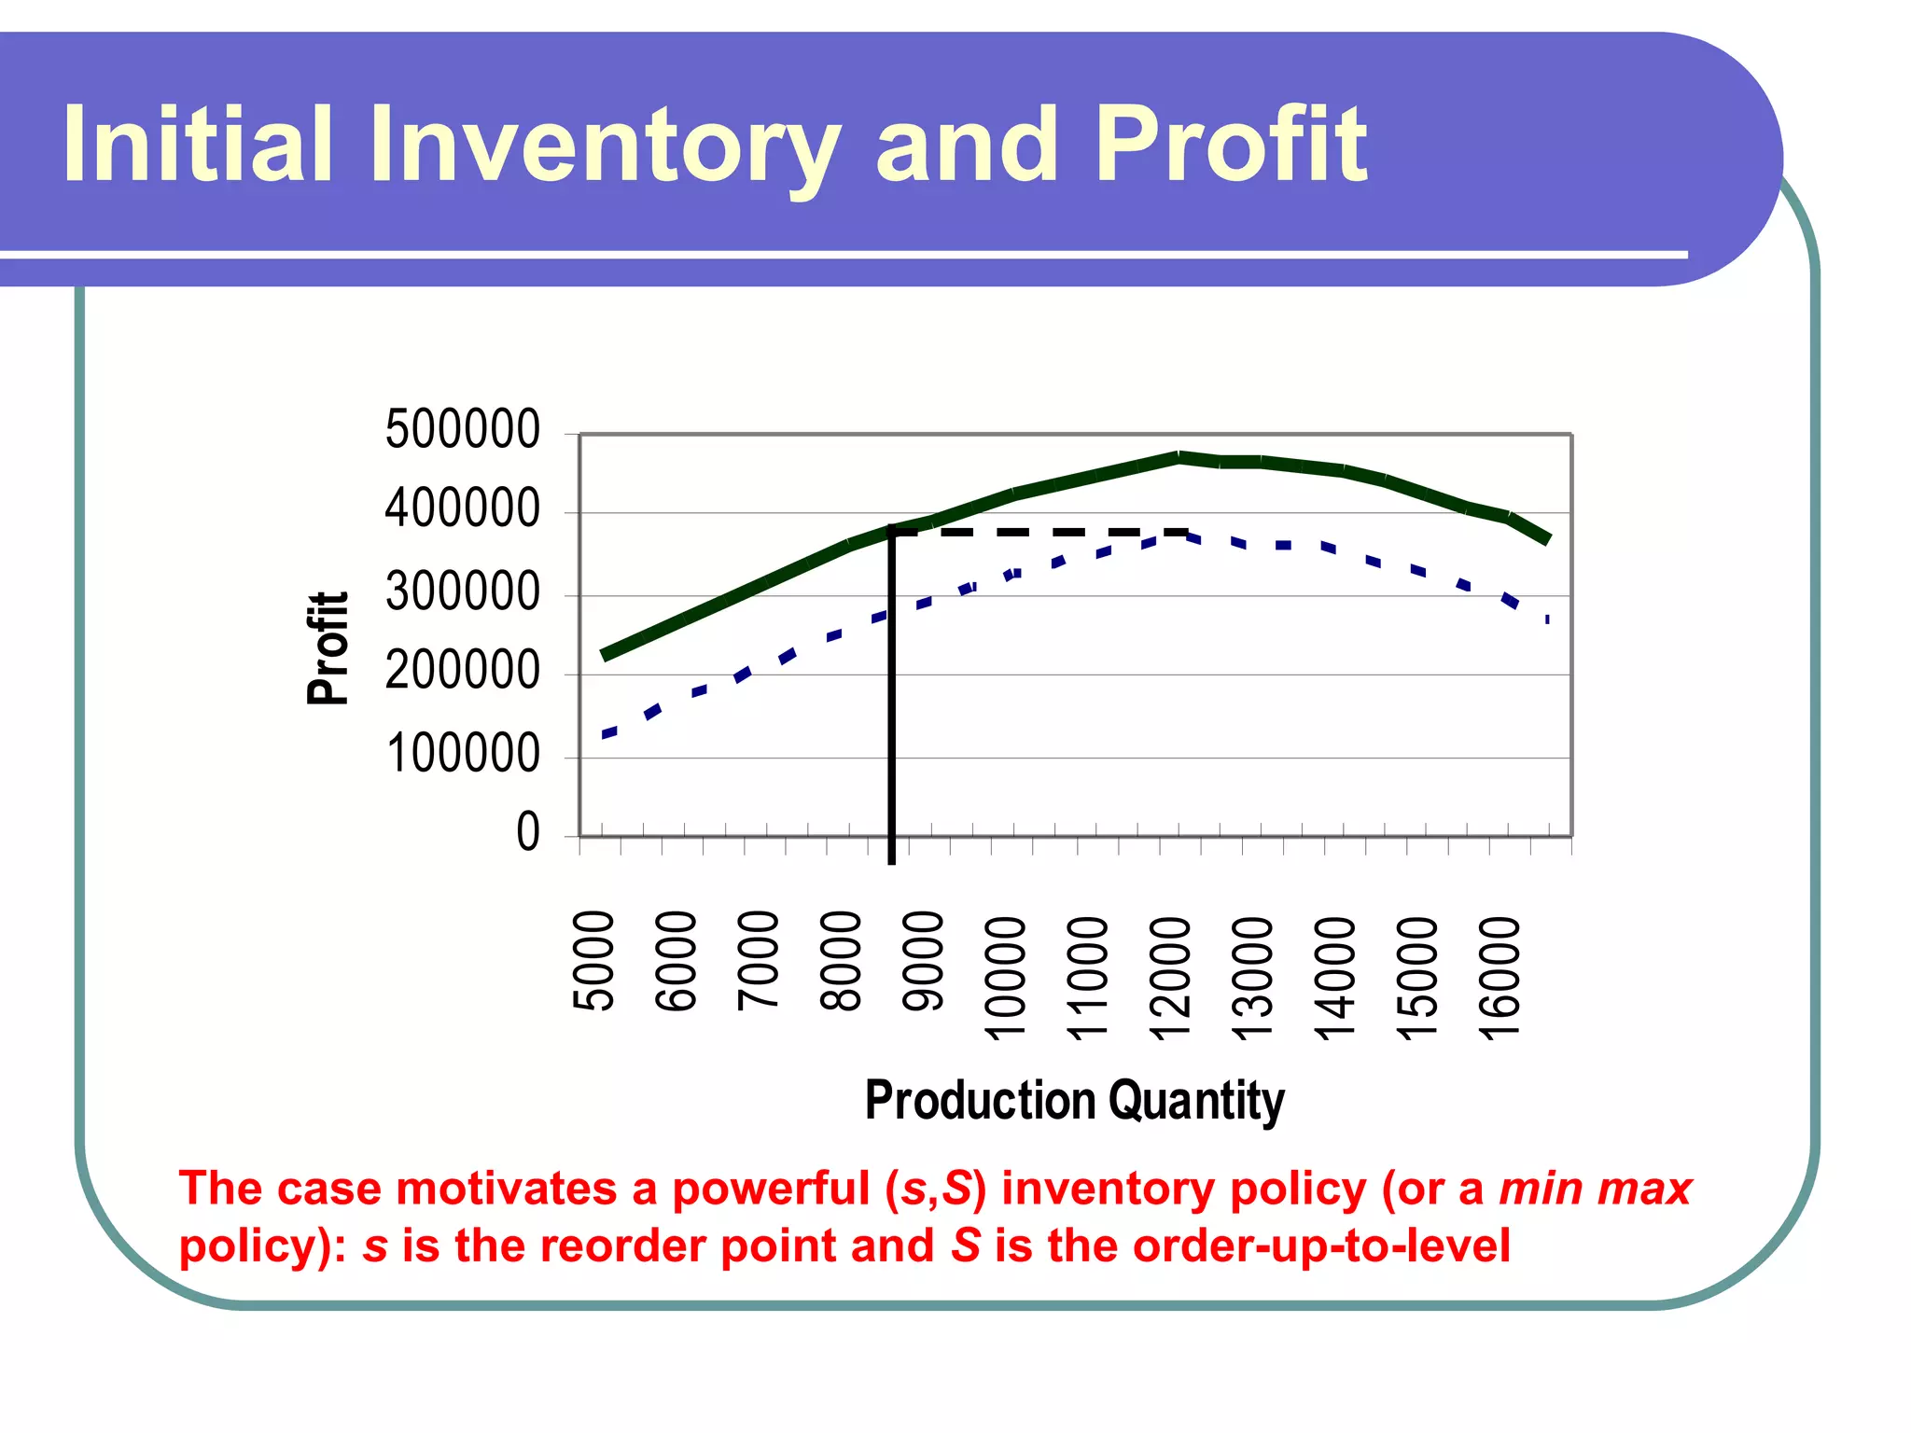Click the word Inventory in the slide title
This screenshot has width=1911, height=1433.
coord(605,146)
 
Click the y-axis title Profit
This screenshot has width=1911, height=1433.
coord(328,648)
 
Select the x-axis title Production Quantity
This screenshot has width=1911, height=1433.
coord(1074,1101)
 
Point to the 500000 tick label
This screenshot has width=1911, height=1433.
coord(463,430)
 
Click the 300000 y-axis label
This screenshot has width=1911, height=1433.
coord(463,592)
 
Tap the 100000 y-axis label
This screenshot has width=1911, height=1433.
coord(463,754)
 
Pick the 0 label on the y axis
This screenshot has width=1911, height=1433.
coord(528,832)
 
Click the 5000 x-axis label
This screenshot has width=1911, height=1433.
coord(594,961)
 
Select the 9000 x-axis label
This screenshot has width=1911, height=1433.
coord(924,961)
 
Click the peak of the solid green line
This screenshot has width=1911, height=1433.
coord(1179,457)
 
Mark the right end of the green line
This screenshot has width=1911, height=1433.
coord(1547,538)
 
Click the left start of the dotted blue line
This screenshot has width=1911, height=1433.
coord(607,735)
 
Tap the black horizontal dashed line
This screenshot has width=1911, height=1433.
coord(1036,532)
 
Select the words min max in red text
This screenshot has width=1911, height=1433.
coord(1595,1190)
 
